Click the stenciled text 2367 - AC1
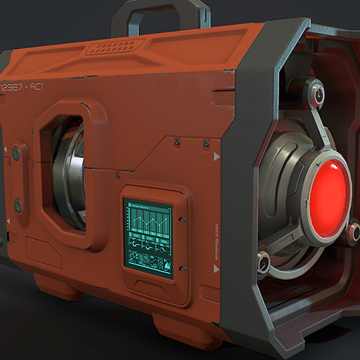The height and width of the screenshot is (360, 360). [x=23, y=86]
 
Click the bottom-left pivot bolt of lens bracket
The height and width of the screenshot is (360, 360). [x=264, y=262]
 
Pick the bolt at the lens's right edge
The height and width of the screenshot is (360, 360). [x=353, y=231]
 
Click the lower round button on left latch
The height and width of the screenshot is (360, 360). [x=18, y=205]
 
